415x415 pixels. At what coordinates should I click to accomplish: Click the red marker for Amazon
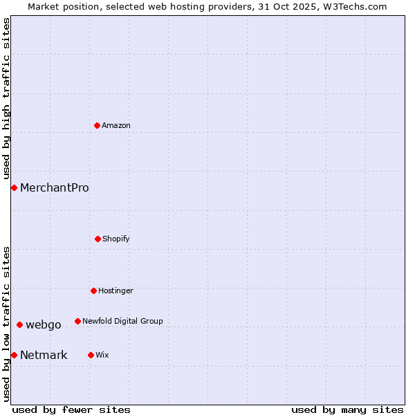[97, 125]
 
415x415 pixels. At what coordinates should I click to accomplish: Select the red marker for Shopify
[98, 239]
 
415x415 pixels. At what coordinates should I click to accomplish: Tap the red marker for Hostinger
[93, 290]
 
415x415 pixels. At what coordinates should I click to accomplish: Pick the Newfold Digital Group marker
[77, 321]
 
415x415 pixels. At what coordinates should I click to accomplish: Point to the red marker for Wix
[91, 355]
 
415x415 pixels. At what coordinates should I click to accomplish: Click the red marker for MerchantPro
[14, 187]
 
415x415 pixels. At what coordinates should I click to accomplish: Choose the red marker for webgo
[19, 324]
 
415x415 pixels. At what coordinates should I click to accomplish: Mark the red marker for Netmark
[14, 355]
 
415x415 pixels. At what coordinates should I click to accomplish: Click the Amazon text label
[116, 125]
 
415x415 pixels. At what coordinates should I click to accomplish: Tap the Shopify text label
[116, 239]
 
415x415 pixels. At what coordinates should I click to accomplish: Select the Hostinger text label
[116, 290]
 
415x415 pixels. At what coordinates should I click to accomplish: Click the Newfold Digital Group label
[122, 321]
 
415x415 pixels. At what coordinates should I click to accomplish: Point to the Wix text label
[102, 355]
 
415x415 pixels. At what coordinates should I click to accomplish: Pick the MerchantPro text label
[55, 187]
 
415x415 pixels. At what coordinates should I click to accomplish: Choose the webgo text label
[44, 324]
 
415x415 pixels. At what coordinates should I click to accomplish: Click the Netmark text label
[44, 355]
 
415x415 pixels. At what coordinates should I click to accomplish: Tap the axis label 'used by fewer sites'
[71, 409]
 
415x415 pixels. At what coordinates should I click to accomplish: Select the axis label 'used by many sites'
[347, 409]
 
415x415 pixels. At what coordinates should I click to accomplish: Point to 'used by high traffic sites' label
[6, 98]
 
